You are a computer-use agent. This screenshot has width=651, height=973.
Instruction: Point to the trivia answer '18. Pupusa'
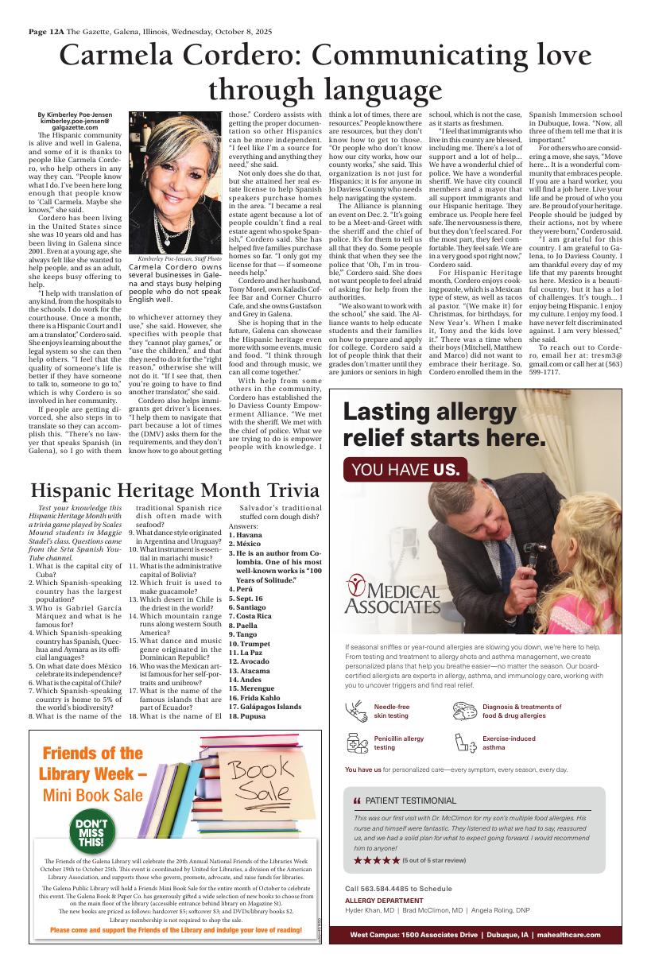(248, 716)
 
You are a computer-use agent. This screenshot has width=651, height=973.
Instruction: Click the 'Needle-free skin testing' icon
(356, 711)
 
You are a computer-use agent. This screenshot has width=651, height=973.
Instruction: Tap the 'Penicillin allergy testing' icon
(356, 743)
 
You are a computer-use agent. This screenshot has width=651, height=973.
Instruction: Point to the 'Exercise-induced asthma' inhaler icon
(464, 743)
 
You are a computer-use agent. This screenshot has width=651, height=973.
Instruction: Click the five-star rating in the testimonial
(376, 860)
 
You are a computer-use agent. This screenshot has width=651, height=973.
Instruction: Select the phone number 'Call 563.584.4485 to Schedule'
(398, 889)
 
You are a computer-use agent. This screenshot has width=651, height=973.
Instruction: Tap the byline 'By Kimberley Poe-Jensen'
(75, 115)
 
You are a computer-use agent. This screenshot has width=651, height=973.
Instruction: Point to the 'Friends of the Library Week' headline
(94, 763)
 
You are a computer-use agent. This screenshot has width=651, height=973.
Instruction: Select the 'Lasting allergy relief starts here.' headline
(444, 424)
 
